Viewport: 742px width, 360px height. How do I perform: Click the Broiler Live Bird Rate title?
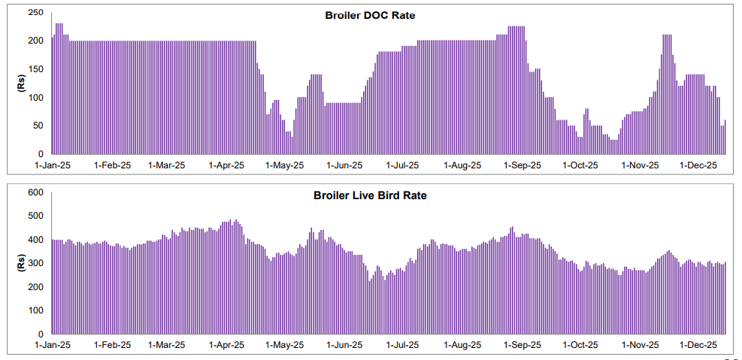tap(370, 195)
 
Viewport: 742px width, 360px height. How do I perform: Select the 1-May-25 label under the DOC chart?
tap(286, 165)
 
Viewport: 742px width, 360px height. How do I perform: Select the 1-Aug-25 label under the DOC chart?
tap(462, 165)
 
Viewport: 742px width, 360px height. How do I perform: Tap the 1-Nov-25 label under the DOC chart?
tap(641, 165)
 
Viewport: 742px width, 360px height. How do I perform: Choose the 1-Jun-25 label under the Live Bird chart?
tap(345, 345)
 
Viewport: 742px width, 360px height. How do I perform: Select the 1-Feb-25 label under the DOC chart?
tap(112, 165)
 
